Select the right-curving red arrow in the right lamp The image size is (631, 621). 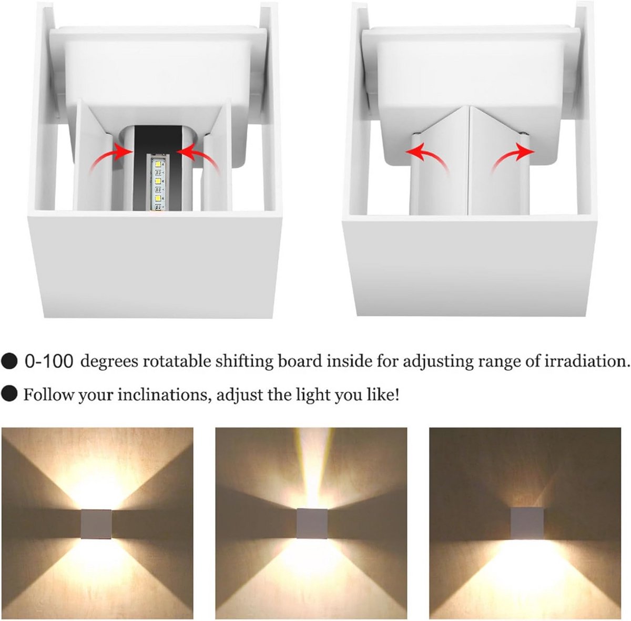513,157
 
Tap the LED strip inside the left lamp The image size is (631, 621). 157,184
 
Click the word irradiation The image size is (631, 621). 588,361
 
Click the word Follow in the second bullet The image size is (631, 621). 49,395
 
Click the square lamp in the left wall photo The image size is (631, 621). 96,524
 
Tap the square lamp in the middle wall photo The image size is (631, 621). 312,523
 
